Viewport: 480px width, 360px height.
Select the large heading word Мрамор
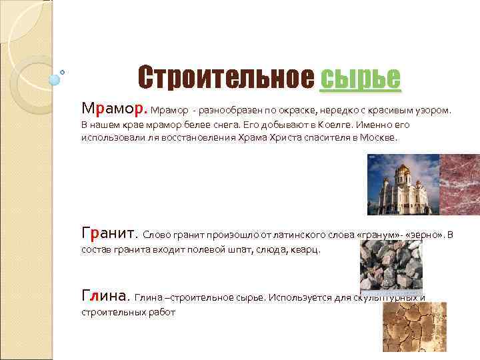(114, 108)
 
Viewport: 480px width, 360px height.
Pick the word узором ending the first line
(432, 109)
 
